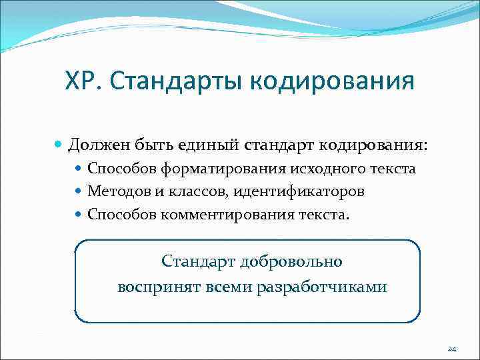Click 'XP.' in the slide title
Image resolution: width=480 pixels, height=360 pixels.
tap(83, 82)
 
